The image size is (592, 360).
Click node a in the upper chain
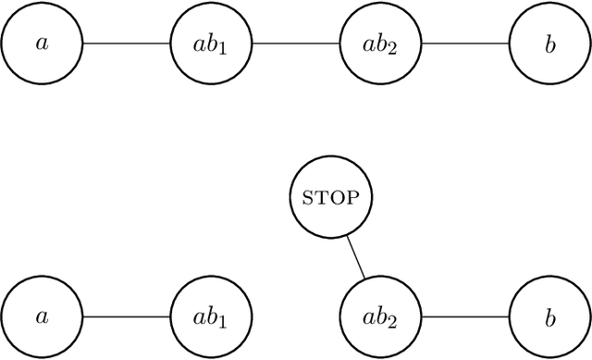coord(42,43)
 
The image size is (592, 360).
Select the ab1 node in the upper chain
coord(212,43)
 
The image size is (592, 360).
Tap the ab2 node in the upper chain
coord(381,43)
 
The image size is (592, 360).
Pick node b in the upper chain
coord(550,43)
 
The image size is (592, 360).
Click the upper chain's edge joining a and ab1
coord(127,43)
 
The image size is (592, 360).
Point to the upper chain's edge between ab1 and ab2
coord(296,43)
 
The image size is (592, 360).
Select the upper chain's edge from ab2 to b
coord(465,43)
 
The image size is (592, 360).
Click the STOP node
coord(329,197)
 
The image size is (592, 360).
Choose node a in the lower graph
coord(42,317)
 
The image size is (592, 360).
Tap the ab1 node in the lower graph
coord(212,317)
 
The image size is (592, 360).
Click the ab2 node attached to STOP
coord(381,317)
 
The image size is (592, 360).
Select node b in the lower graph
coord(550,317)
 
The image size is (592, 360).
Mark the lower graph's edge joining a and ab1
coord(127,317)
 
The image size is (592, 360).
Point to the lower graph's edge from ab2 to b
coord(465,317)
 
